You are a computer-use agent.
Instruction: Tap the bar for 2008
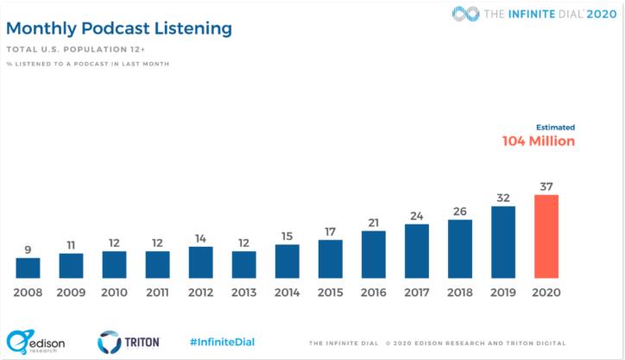(x=28, y=268)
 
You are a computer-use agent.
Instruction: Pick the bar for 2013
(x=244, y=264)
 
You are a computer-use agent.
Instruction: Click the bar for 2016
(x=374, y=254)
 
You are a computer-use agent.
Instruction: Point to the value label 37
(x=546, y=186)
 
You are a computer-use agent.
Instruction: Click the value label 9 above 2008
(x=28, y=249)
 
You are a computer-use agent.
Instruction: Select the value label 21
(x=374, y=222)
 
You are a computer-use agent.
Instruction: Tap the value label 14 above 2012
(x=200, y=238)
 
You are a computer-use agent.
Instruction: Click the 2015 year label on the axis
(x=331, y=292)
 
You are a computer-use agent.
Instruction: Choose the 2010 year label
(x=114, y=292)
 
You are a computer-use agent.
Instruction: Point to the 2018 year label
(x=460, y=292)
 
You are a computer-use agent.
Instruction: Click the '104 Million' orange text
(x=539, y=142)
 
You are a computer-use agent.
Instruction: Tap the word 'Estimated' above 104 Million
(x=555, y=127)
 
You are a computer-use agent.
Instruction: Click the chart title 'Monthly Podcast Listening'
(x=119, y=29)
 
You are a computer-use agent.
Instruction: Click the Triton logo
(x=128, y=342)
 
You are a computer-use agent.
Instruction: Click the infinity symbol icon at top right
(x=466, y=13)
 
